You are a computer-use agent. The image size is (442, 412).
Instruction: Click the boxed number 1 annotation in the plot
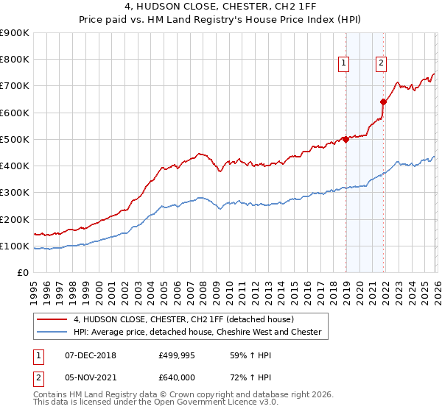(344, 64)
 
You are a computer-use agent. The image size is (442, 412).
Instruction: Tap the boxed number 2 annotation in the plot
(381, 64)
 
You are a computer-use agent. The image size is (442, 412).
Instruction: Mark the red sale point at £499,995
(345, 139)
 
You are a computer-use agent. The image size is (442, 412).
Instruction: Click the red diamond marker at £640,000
(384, 102)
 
